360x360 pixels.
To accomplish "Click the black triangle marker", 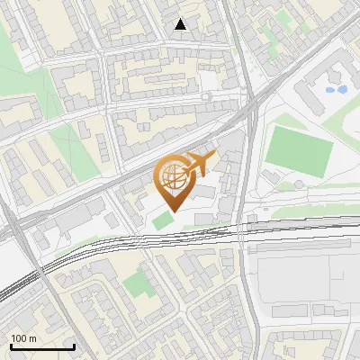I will click(x=181, y=25).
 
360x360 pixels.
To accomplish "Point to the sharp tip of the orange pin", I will click(x=173, y=211).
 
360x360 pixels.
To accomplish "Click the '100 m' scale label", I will click(x=23, y=337).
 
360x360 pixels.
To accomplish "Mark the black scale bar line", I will click(x=42, y=346).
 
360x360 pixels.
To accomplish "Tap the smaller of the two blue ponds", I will click(x=328, y=91).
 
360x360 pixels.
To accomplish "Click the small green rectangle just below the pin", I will click(x=162, y=220).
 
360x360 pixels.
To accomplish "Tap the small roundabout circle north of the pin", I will click(x=206, y=95).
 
